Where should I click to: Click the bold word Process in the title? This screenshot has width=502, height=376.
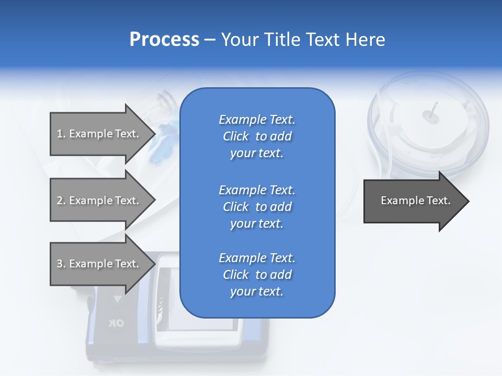coord(164,40)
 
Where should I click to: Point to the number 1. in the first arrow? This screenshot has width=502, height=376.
coord(61,134)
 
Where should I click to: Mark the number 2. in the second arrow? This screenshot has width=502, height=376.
coord(61,201)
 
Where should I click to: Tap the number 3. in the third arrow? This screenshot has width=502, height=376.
coord(61,264)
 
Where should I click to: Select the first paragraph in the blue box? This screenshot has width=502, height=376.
coord(257,136)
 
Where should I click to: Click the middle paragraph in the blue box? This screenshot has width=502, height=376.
coord(257,207)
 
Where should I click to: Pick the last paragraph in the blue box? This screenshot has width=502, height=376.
coord(257,275)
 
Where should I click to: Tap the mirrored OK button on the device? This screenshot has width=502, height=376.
coord(117,323)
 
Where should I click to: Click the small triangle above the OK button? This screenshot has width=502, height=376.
coord(118,299)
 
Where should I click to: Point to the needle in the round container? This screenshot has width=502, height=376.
coord(433,112)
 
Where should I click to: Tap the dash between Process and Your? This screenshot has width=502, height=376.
coord(210,40)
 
